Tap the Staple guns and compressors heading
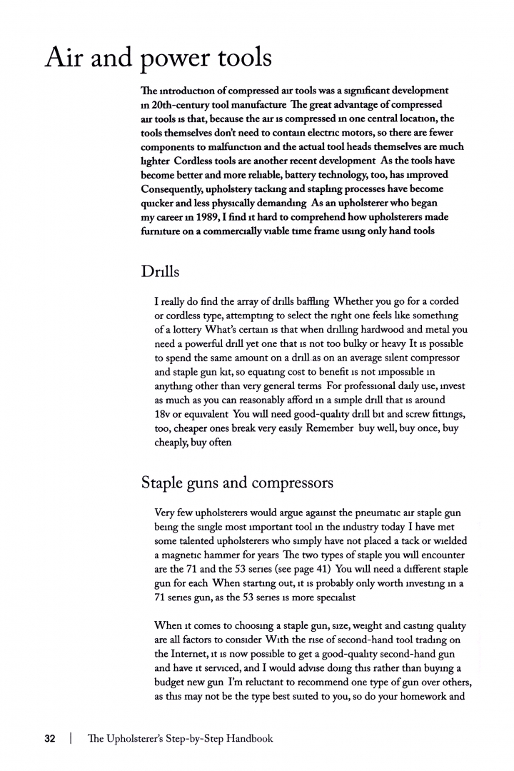(237, 483)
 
